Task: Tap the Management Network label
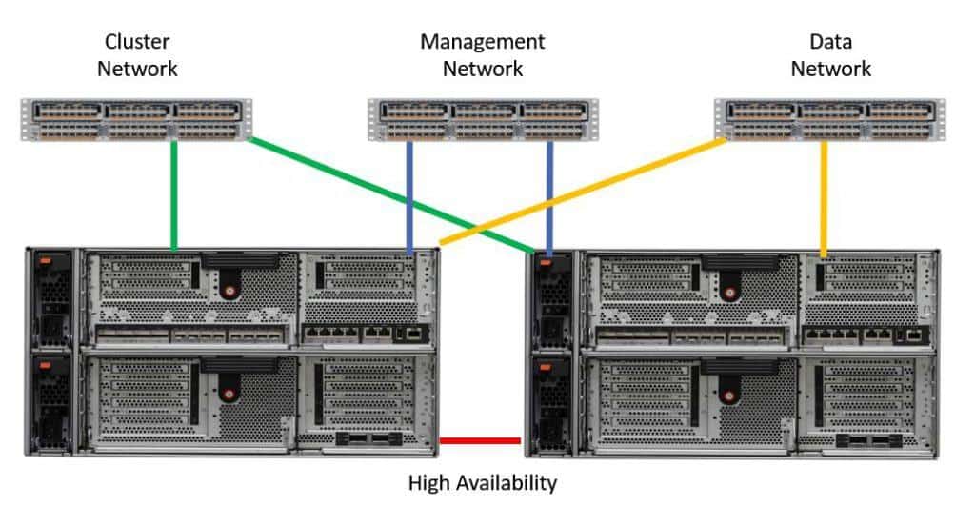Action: click(483, 55)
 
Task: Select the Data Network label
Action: click(830, 55)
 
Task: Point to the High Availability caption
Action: click(482, 483)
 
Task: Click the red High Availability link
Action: click(482, 440)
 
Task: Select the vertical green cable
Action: click(174, 195)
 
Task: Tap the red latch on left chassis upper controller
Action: click(228, 285)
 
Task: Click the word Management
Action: click(483, 42)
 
